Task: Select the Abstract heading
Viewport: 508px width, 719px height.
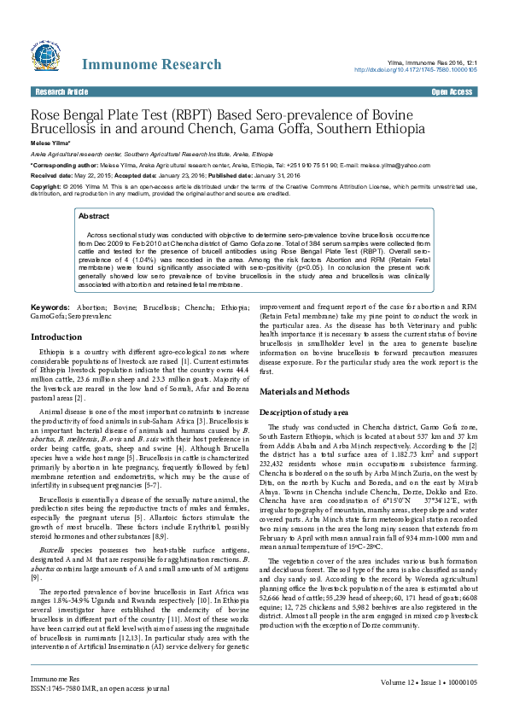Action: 94,217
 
